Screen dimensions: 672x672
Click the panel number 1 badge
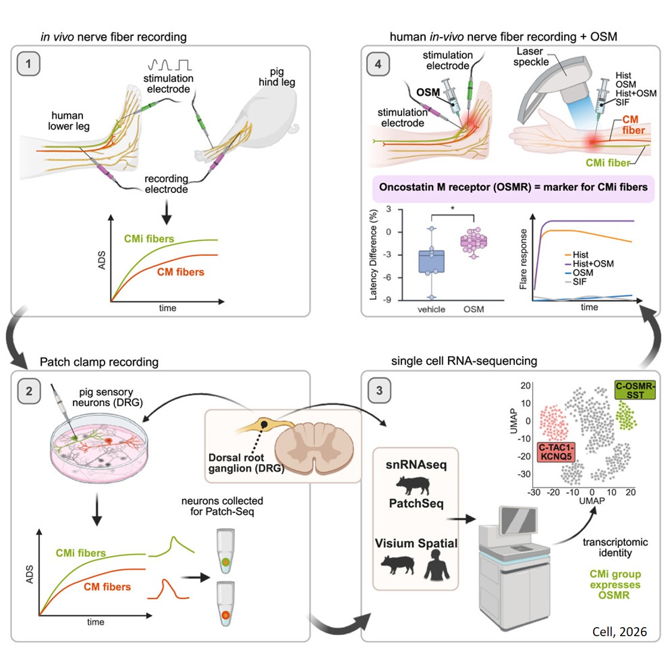28,64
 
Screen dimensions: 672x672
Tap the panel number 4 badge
378,64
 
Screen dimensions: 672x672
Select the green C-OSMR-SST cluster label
635,390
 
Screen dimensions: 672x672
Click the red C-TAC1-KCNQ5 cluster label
556,452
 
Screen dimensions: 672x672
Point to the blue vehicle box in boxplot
431,262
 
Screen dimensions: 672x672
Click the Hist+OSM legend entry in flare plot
589,263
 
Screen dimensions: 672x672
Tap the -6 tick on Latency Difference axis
388,277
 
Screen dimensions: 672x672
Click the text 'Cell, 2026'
619,631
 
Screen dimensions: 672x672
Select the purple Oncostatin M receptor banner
513,187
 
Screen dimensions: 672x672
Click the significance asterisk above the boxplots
452,208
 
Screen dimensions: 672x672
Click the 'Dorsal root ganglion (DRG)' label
245,463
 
